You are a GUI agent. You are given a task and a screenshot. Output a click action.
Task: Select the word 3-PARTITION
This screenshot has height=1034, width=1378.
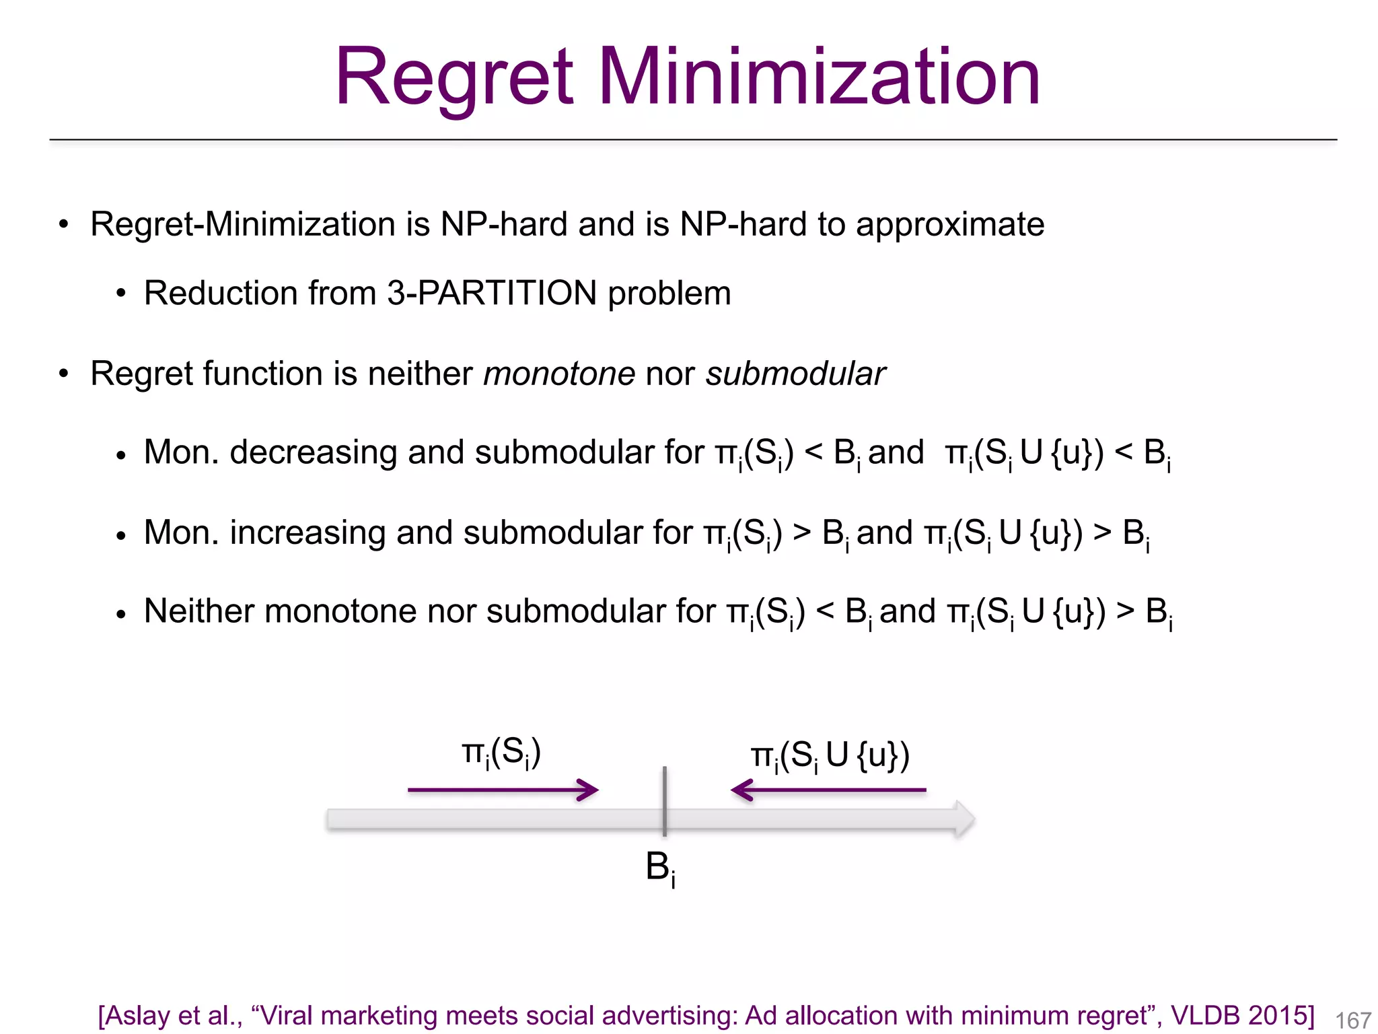click(x=492, y=294)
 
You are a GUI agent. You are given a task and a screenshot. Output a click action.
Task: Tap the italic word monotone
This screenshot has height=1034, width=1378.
click(x=559, y=374)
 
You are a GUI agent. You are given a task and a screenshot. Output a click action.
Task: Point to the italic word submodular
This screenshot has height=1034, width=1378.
click(x=795, y=374)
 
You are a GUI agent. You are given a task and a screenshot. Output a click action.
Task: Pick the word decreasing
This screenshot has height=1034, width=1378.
click(x=313, y=452)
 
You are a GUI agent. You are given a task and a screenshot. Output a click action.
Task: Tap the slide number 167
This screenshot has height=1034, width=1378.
click(x=1352, y=1021)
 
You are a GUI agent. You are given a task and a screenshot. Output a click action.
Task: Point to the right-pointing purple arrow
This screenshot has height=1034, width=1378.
click(x=503, y=790)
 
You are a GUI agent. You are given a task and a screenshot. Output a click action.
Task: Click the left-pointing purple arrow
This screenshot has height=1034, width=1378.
click(x=828, y=790)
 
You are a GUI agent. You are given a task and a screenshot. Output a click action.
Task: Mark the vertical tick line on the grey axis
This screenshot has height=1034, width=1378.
click(x=664, y=801)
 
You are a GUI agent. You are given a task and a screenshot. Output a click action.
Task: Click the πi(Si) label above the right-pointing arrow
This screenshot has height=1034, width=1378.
click(x=501, y=753)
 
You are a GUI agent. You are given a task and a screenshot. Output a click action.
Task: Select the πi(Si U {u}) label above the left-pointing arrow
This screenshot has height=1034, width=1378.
click(x=830, y=756)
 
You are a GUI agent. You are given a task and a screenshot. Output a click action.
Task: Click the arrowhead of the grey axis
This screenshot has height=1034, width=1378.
click(x=964, y=819)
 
